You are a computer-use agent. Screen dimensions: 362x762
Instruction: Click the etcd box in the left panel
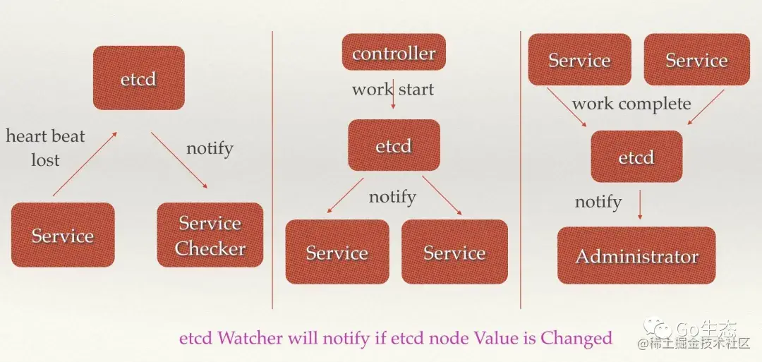[138, 78]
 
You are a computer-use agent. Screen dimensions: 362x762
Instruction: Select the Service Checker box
[210, 236]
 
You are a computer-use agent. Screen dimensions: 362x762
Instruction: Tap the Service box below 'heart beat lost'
[62, 235]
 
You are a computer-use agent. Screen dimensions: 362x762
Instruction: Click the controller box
[394, 52]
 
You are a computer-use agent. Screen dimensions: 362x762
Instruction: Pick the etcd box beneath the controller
[394, 145]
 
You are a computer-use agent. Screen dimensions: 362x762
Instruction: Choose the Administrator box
[636, 255]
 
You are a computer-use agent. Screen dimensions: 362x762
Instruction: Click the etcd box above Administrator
[636, 157]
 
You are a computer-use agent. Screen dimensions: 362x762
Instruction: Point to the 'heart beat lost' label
[45, 147]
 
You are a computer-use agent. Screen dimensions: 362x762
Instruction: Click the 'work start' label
[393, 90]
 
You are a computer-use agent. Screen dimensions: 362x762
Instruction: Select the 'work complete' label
[631, 104]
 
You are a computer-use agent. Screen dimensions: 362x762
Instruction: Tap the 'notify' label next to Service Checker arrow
[210, 148]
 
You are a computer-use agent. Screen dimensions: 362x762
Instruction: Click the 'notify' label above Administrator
[598, 202]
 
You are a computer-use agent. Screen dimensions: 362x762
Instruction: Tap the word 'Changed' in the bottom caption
[576, 338]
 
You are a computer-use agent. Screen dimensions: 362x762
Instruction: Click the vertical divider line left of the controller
[272, 169]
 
